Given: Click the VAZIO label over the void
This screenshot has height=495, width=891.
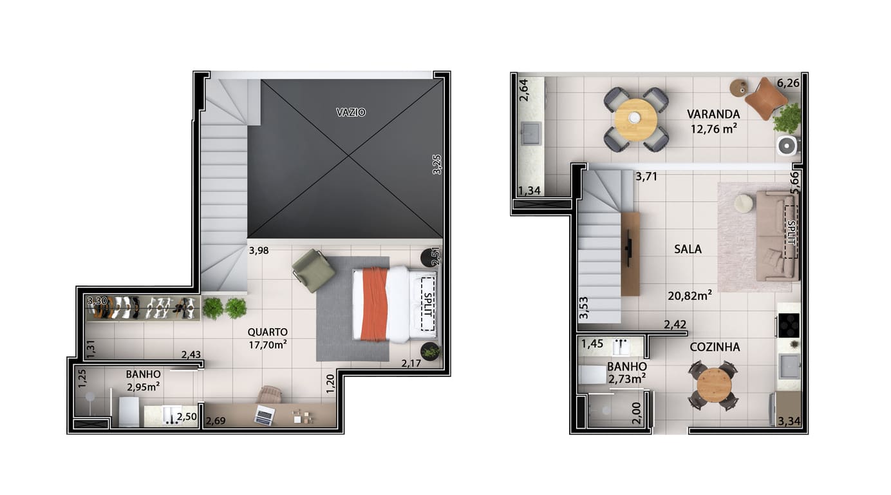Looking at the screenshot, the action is coord(350,112).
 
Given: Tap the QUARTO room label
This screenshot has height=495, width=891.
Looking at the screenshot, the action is coord(267,332).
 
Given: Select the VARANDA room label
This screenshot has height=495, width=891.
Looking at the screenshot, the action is coord(713,114).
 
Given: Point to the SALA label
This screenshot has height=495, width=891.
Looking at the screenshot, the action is coord(688,249).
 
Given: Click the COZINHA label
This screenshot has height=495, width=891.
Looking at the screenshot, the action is coord(715,347).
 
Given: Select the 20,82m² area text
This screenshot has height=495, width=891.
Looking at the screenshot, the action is coord(689,295).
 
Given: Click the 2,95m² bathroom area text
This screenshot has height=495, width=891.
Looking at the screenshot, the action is coord(144,387).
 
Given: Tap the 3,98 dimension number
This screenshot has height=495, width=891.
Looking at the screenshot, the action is coord(259,251).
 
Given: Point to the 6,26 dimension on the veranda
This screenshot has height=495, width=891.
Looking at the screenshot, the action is coord(788,83).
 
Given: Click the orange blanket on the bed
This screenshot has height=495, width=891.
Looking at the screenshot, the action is coord(374,304).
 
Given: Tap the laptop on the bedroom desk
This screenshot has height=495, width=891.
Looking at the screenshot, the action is coord(265,415).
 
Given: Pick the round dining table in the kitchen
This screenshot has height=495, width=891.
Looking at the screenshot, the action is coord(714,385).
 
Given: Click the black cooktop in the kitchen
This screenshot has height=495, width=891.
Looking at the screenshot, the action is coord(789,325).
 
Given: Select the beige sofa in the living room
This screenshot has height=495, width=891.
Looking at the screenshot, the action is coord(777,236).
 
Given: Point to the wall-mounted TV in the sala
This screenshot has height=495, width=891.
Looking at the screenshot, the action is coord(629,248).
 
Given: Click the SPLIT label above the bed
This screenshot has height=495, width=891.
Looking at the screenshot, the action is coord(428,305).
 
